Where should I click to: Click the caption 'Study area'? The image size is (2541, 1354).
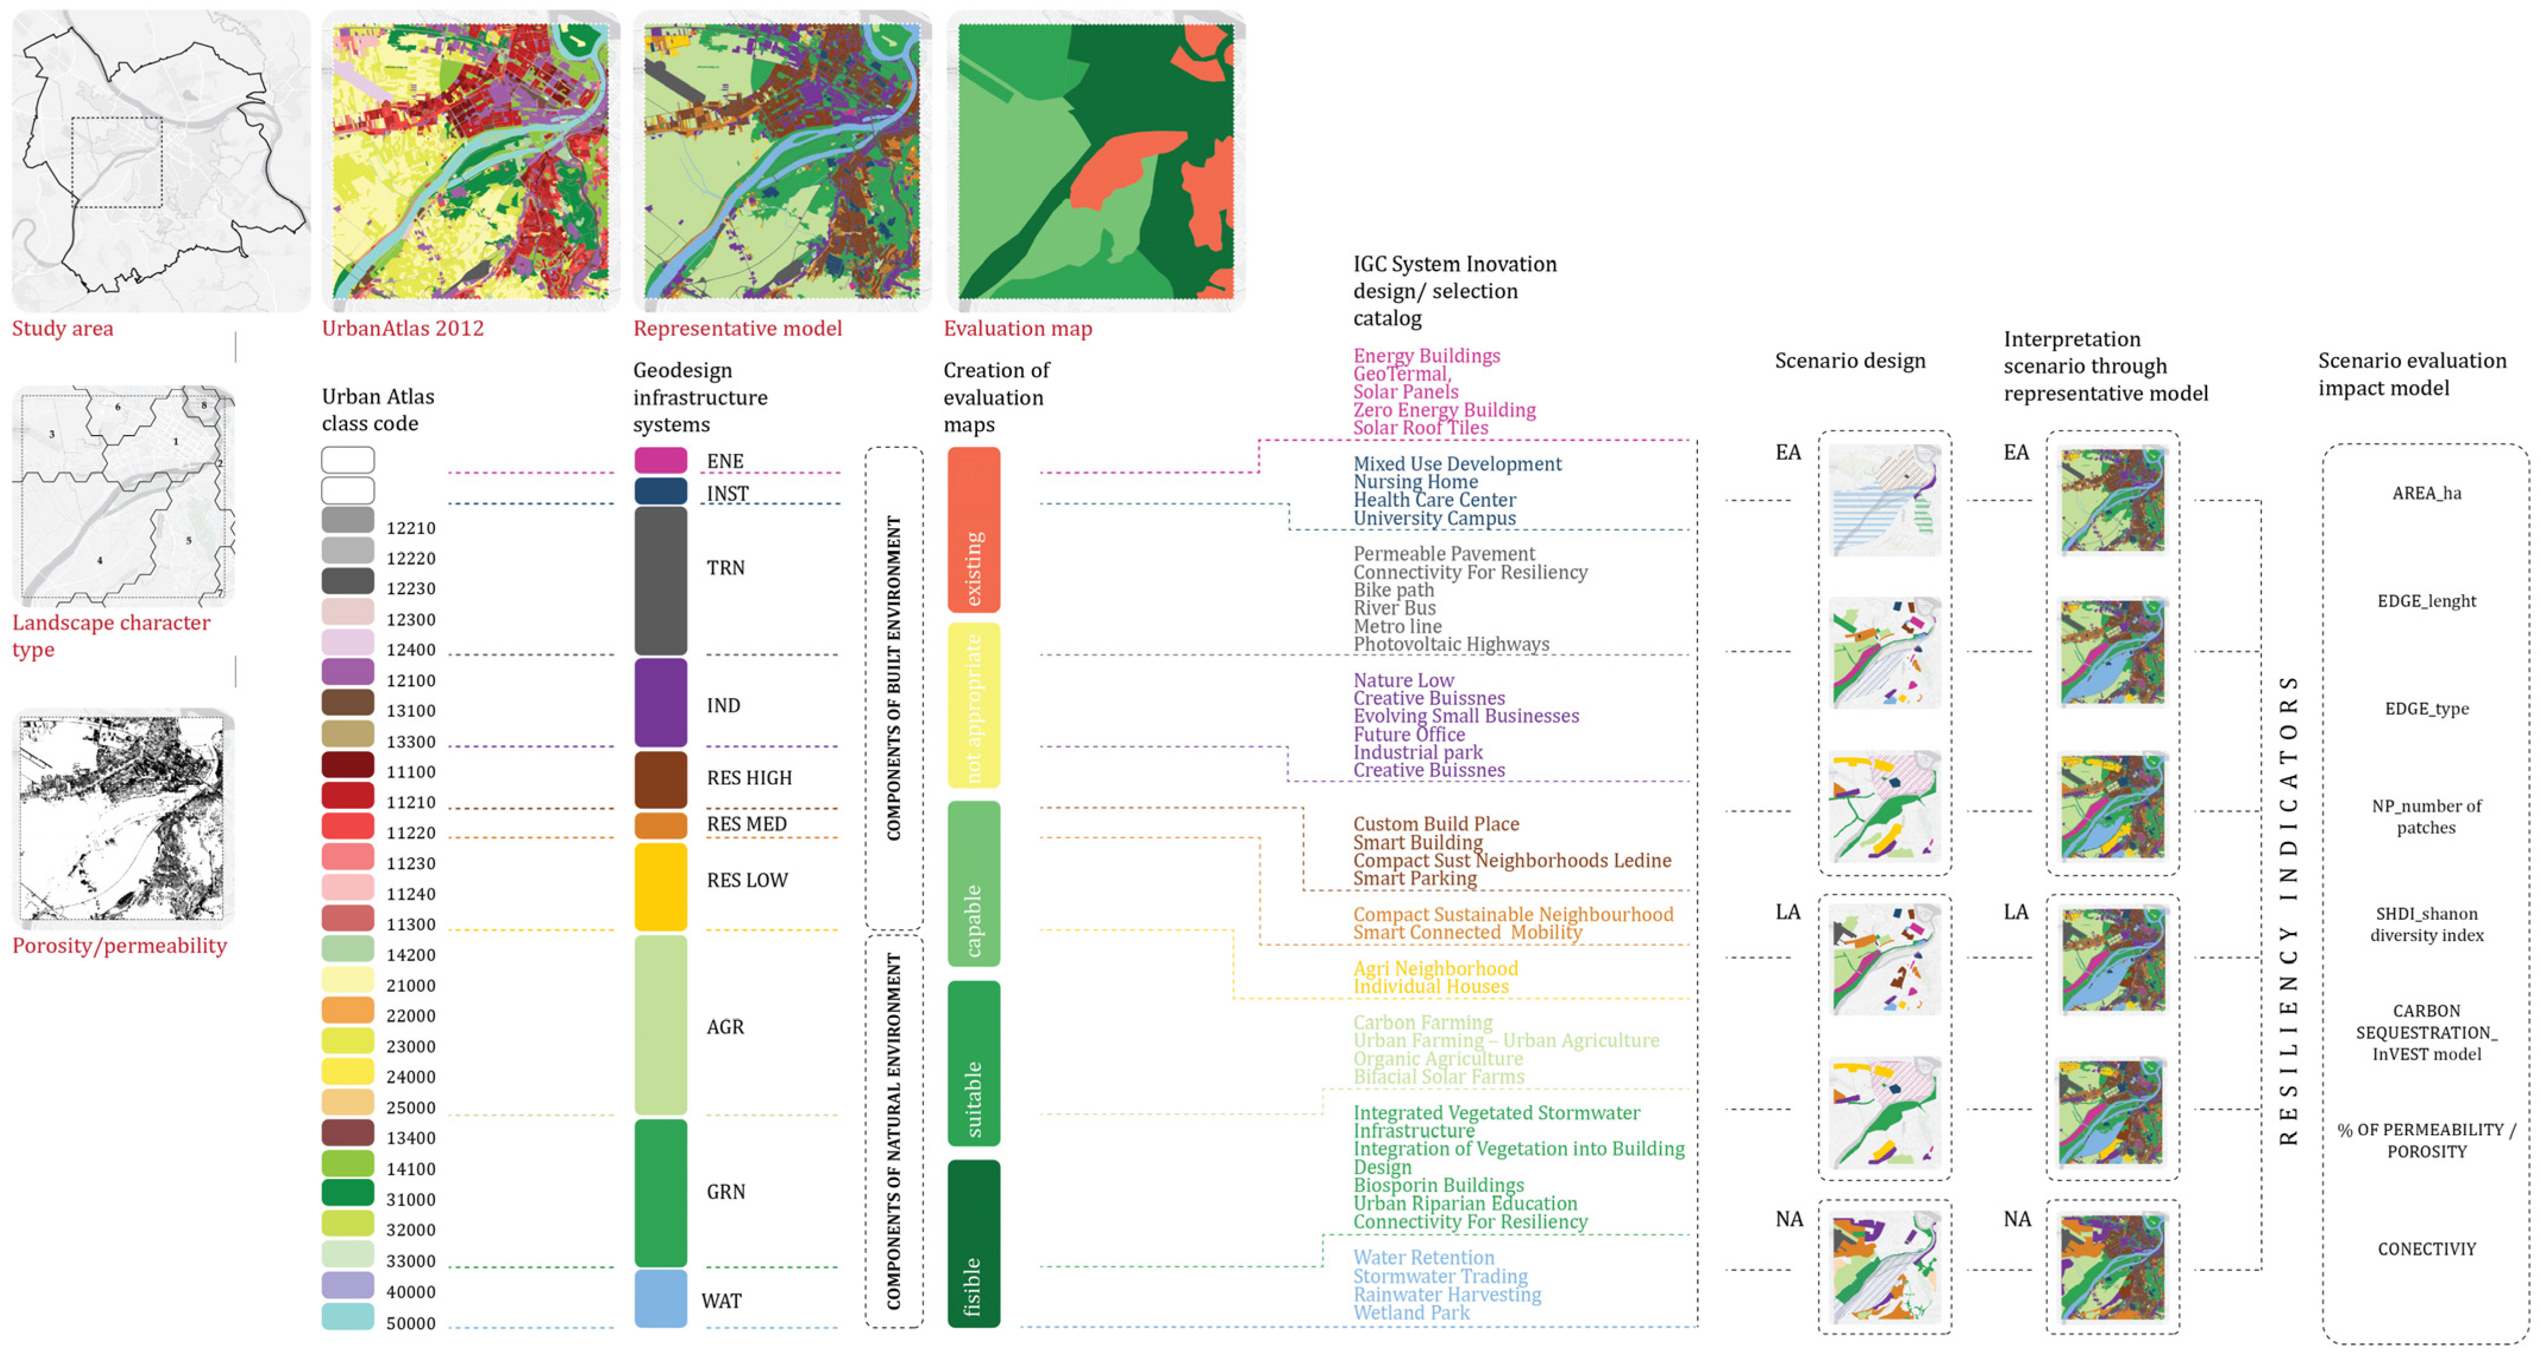click(x=62, y=329)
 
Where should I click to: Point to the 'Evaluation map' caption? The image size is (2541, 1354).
click(x=1017, y=329)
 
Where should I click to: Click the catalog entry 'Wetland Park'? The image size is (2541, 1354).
click(x=1410, y=1312)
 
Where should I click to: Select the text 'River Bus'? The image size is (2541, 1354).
click(x=1394, y=607)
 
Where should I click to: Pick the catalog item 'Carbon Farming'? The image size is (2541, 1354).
click(x=1422, y=1022)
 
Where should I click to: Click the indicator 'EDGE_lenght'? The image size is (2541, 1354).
click(x=2426, y=601)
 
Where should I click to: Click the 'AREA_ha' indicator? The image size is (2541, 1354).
click(x=2426, y=493)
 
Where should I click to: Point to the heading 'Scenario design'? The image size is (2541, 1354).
click(x=1849, y=361)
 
